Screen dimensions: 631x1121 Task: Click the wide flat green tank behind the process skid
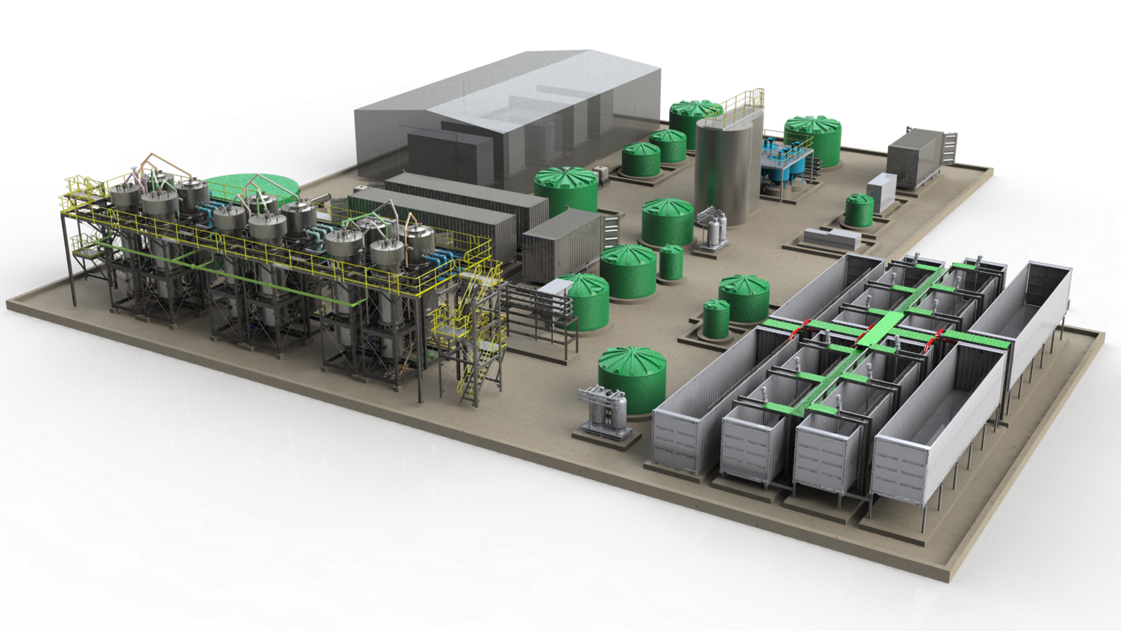tap(252, 187)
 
